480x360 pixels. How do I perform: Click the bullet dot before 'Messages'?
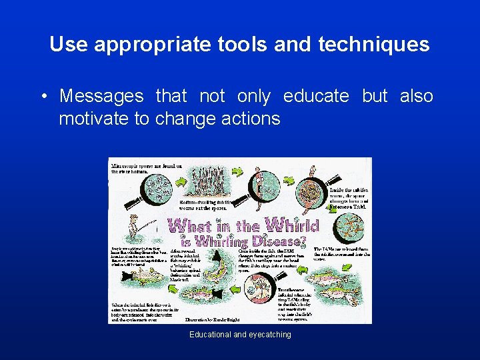(43, 97)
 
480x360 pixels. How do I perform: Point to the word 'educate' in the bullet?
(316, 96)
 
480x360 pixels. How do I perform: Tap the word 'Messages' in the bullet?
(101, 96)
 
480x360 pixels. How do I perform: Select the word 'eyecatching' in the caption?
(269, 335)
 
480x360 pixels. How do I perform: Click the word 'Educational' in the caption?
(209, 335)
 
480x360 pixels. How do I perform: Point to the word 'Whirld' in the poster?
(291, 226)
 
